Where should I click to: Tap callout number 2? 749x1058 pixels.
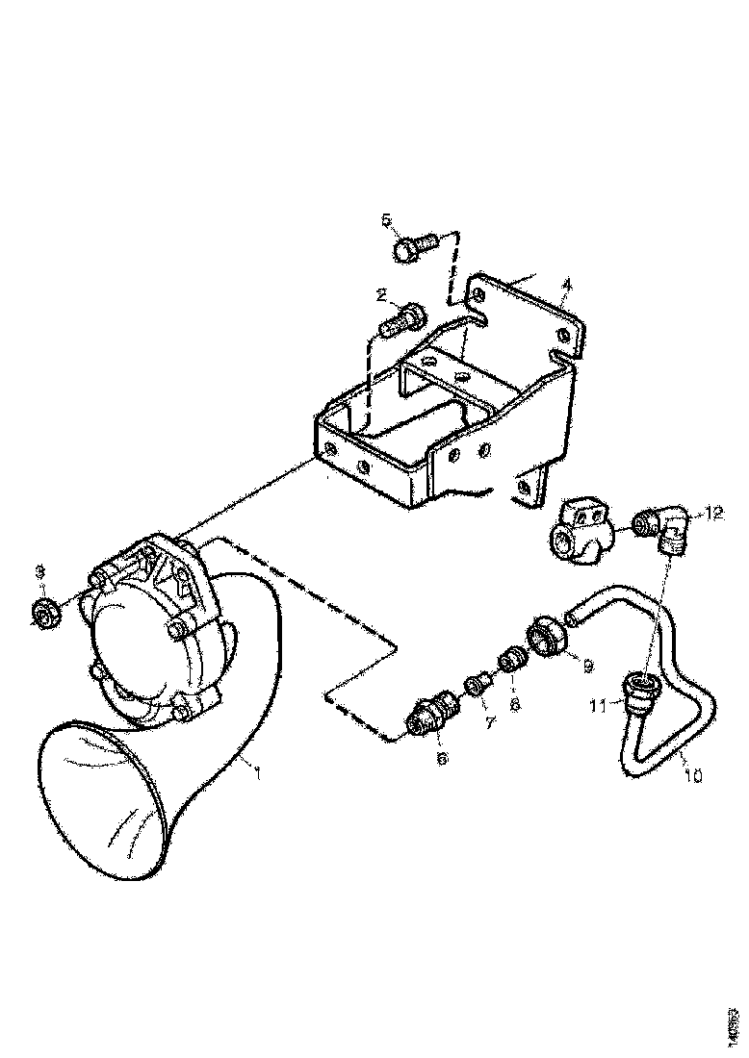click(381, 295)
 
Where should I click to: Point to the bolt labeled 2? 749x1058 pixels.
click(400, 317)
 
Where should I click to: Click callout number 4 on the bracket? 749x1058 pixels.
click(567, 286)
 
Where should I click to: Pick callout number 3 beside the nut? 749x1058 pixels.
click(39, 573)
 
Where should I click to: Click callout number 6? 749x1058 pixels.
click(443, 759)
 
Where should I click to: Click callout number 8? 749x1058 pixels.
click(515, 704)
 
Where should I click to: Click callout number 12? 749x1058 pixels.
click(713, 514)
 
